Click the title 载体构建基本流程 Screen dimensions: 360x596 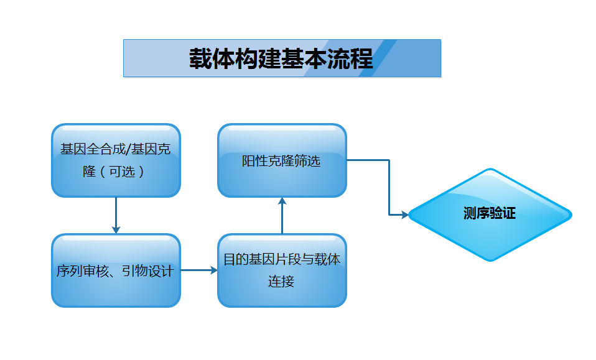click(x=281, y=58)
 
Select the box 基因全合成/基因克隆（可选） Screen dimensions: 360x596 click(x=116, y=160)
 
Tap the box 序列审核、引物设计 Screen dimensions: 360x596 click(x=116, y=270)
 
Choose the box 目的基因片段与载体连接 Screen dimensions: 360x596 click(x=282, y=270)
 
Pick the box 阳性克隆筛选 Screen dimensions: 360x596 click(x=282, y=160)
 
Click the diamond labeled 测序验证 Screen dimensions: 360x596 click(x=490, y=215)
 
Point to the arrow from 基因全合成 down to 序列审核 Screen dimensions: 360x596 click(x=116, y=215)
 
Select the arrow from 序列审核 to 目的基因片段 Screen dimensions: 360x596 click(x=199, y=270)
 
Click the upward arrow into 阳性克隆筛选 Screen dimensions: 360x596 click(x=282, y=215)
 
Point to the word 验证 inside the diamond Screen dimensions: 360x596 click(x=503, y=214)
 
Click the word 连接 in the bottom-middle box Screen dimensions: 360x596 click(x=281, y=281)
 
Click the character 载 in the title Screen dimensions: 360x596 click(x=201, y=58)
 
